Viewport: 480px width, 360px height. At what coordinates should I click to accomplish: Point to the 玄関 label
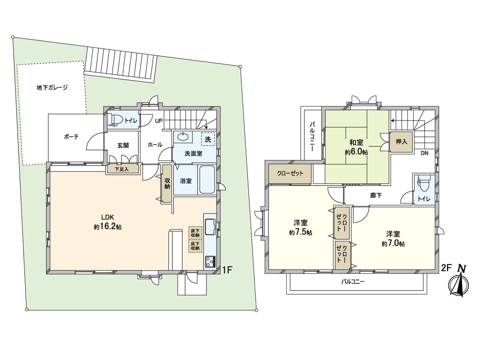(x=122, y=146)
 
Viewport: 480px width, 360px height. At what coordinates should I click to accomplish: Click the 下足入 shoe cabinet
(x=122, y=169)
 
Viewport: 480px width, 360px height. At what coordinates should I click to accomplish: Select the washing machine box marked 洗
(x=208, y=139)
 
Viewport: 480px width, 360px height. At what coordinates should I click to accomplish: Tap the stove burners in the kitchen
(x=210, y=262)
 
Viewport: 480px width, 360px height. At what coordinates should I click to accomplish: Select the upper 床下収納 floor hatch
(x=195, y=232)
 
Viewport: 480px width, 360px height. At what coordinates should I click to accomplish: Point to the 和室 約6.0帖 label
(x=356, y=147)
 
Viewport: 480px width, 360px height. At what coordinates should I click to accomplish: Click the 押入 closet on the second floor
(x=401, y=142)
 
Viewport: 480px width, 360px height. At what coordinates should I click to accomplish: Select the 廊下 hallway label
(x=376, y=195)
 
